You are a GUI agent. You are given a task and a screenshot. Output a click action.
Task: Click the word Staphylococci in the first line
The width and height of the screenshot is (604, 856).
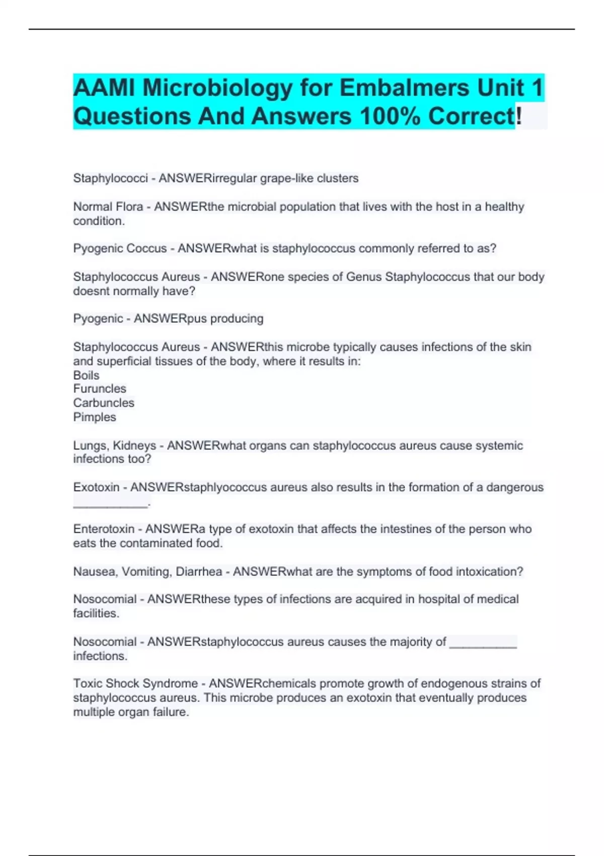tap(110, 178)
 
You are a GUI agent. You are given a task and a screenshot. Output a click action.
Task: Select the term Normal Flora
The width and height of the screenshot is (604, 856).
tap(108, 206)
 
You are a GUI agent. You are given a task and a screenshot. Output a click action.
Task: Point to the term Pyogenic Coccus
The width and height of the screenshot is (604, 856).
tap(120, 248)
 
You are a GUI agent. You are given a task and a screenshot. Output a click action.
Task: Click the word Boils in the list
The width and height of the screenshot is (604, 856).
tap(86, 375)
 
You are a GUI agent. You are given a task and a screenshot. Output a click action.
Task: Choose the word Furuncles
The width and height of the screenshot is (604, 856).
tap(100, 389)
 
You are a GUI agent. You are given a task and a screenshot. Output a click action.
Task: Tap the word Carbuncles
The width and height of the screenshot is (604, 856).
tap(104, 403)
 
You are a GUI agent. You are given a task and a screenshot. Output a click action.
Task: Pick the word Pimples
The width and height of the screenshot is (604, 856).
tap(95, 417)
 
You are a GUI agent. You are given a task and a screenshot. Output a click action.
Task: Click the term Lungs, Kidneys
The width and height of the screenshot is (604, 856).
tap(114, 446)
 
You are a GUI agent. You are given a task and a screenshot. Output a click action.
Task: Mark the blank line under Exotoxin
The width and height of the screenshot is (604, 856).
tap(111, 504)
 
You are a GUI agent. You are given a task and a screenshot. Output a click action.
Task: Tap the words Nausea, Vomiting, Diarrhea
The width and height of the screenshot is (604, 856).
tap(147, 572)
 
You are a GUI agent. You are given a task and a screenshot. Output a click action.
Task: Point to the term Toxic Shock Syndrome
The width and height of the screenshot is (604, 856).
tap(135, 683)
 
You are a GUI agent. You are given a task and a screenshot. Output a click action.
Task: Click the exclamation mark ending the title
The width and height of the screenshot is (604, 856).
tap(519, 116)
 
